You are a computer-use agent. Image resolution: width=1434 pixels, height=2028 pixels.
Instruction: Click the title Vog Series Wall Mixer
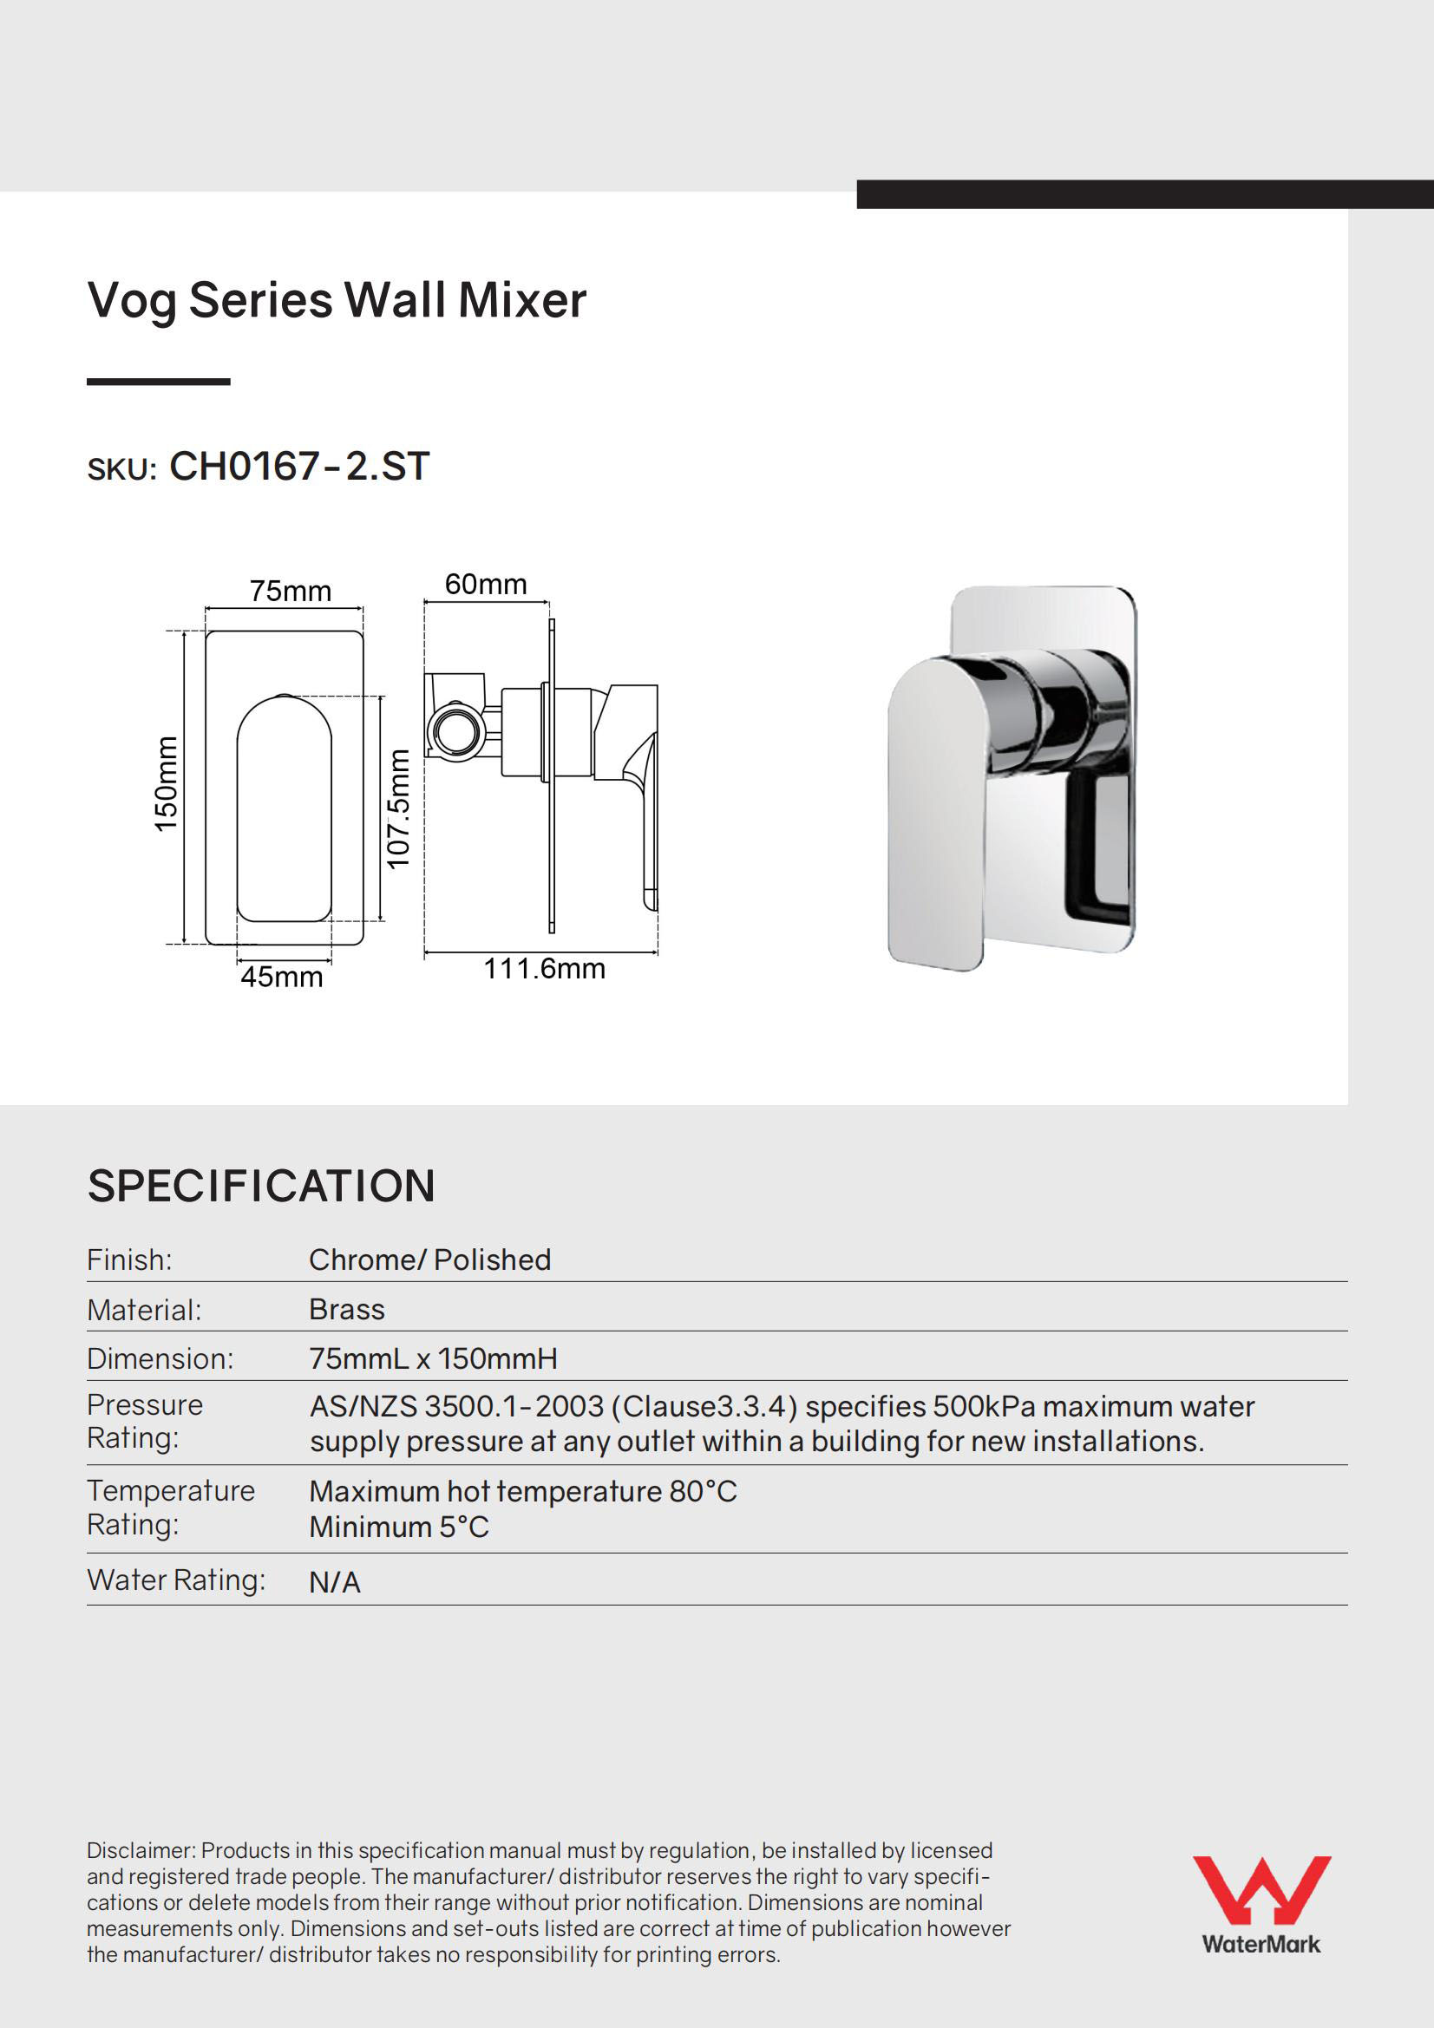click(337, 300)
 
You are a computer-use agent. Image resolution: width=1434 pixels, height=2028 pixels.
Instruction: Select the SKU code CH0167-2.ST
click(298, 467)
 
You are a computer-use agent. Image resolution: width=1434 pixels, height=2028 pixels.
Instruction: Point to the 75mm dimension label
click(290, 591)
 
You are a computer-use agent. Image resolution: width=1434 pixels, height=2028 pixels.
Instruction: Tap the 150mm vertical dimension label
click(166, 783)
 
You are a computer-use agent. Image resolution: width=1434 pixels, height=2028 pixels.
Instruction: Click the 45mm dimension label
click(282, 977)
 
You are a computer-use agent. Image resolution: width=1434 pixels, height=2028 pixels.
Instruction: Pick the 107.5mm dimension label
click(399, 808)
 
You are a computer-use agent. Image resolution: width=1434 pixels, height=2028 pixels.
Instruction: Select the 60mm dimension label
click(485, 584)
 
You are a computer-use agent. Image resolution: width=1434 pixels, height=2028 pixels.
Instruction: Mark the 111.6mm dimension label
click(544, 969)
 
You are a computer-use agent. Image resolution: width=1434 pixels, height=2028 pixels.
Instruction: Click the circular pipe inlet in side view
click(456, 730)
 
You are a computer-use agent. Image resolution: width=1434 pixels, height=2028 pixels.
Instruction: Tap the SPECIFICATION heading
click(261, 1186)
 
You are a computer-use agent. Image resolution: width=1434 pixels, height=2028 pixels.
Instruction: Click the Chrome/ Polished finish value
click(429, 1259)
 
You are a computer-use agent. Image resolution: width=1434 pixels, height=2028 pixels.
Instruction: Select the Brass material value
click(346, 1309)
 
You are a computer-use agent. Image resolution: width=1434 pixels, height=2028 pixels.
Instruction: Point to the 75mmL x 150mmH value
click(433, 1358)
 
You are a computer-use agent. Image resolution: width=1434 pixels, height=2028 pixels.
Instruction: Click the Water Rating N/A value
click(335, 1583)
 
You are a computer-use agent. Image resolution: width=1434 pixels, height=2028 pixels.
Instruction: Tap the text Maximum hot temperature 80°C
click(523, 1492)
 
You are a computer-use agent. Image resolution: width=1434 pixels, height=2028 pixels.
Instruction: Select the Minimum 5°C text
click(398, 1528)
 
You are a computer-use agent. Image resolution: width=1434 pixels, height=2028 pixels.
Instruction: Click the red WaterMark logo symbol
click(1260, 1889)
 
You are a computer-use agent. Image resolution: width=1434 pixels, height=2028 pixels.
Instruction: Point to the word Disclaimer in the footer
click(141, 1850)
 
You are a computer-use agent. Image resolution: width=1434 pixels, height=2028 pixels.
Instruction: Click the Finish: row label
click(129, 1259)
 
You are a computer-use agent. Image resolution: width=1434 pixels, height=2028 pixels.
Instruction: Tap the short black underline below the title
click(158, 382)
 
